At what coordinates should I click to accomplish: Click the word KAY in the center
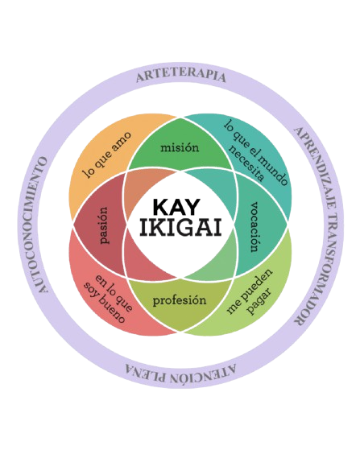[x=176, y=208]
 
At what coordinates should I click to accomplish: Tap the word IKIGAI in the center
[x=180, y=228]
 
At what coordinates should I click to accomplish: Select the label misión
[x=180, y=147]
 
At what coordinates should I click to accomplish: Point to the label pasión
[x=103, y=225]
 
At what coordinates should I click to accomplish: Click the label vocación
[x=255, y=227]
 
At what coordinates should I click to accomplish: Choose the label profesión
[x=180, y=300]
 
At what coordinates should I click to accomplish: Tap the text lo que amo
[x=107, y=155]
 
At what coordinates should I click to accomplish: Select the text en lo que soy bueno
[x=108, y=299]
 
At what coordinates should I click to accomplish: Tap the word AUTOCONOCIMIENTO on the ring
[x=39, y=225]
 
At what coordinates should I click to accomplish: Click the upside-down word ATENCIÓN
[x=203, y=374]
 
